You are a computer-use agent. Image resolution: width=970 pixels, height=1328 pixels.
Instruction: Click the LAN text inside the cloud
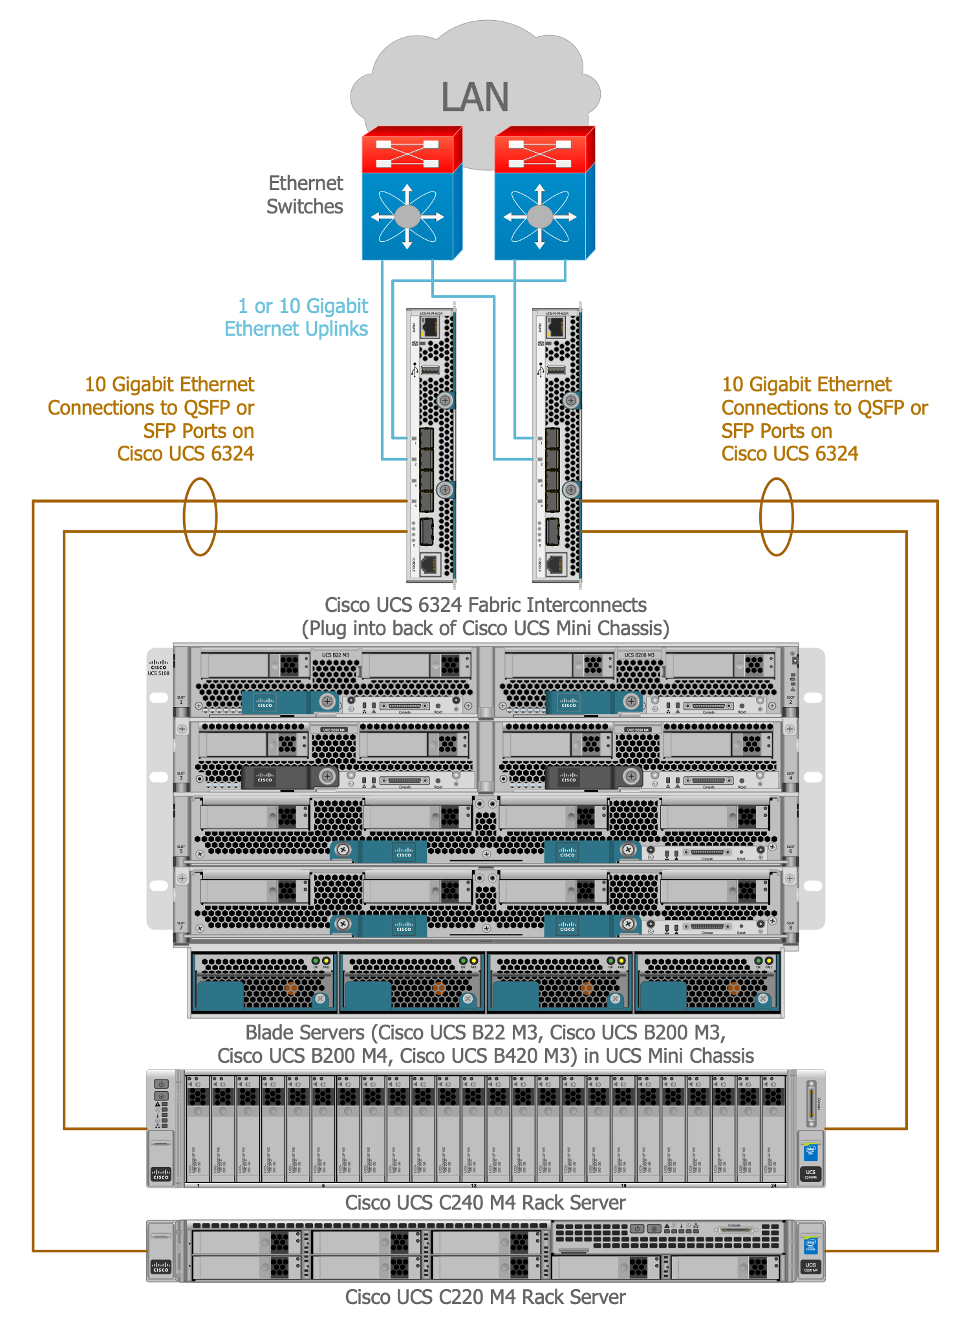[475, 98]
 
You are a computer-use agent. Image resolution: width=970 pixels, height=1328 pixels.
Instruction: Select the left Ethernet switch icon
[411, 194]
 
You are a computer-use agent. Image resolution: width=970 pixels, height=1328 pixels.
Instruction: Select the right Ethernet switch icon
[544, 194]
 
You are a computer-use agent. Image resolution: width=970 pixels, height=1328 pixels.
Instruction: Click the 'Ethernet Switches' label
[305, 195]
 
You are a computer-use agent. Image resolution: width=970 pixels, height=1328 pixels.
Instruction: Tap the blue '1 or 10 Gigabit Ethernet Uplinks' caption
[297, 318]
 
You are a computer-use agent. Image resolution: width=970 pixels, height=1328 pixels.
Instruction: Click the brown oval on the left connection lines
[200, 516]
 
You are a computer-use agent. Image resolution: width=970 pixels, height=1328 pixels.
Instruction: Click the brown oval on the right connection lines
[776, 516]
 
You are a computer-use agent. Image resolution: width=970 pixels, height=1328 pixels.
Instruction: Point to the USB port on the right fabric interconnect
[556, 370]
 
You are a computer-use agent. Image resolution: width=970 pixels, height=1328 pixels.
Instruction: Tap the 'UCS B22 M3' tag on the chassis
[336, 655]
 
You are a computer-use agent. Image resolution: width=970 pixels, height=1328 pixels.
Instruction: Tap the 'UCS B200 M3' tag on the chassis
[639, 655]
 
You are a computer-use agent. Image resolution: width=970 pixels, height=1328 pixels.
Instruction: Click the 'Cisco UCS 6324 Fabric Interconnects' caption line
[485, 605]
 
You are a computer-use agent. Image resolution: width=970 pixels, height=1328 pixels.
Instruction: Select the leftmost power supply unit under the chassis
[264, 982]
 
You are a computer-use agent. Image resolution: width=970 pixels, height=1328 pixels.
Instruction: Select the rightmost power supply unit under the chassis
[707, 982]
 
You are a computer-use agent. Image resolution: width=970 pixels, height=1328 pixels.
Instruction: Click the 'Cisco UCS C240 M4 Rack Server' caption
[485, 1203]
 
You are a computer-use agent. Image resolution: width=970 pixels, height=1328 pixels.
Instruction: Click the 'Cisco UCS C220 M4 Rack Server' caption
[485, 1297]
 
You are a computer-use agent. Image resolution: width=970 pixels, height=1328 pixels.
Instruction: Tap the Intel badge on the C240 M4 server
[810, 1153]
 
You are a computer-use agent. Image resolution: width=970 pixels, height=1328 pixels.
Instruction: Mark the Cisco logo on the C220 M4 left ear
[161, 1267]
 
